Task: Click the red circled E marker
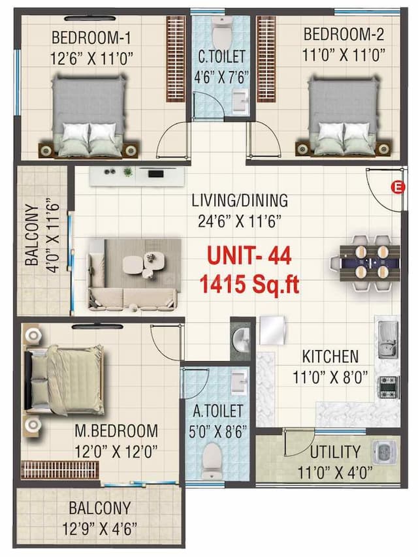point(394,188)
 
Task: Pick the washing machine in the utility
point(381,452)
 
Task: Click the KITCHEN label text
point(330,357)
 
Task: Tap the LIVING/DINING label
point(240,200)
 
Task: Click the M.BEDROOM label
point(115,431)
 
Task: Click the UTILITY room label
point(334,452)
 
